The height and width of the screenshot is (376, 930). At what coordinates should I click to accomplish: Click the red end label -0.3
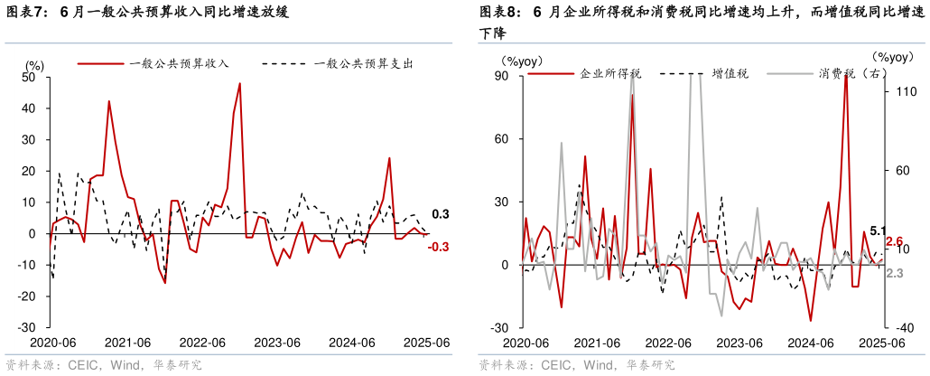coord(440,247)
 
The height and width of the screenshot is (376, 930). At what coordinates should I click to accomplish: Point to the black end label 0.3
coord(441,214)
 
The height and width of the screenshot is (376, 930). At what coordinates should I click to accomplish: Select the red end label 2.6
coord(895,241)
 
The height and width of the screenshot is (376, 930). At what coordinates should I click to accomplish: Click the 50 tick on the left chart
coord(29,77)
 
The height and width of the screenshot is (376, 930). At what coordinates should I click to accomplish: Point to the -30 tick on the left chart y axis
coord(26,327)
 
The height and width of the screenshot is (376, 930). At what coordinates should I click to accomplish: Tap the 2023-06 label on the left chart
coord(277,343)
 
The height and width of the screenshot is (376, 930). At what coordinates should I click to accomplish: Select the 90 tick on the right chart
coord(503,77)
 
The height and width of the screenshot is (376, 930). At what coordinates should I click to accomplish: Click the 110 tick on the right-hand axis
coord(906,91)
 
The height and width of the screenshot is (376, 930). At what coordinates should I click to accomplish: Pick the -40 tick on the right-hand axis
coord(906,327)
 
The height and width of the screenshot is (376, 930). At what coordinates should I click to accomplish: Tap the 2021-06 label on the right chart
coord(597,343)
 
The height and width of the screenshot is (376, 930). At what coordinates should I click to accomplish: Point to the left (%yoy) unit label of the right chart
coord(521,61)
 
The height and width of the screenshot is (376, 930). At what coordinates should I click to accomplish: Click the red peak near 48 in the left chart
coord(240,83)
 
